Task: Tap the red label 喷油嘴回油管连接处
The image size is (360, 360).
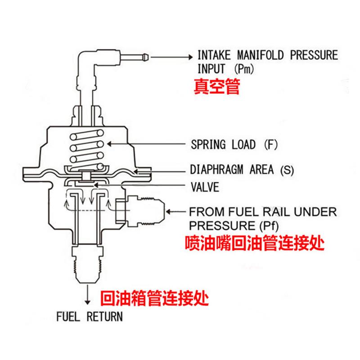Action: [x=255, y=243]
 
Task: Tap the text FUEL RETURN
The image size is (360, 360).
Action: [x=89, y=316]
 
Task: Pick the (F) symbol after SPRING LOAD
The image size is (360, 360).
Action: [x=271, y=145]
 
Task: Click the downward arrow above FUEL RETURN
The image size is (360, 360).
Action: [x=85, y=297]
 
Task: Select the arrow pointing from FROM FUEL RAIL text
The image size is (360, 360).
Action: [x=178, y=210]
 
